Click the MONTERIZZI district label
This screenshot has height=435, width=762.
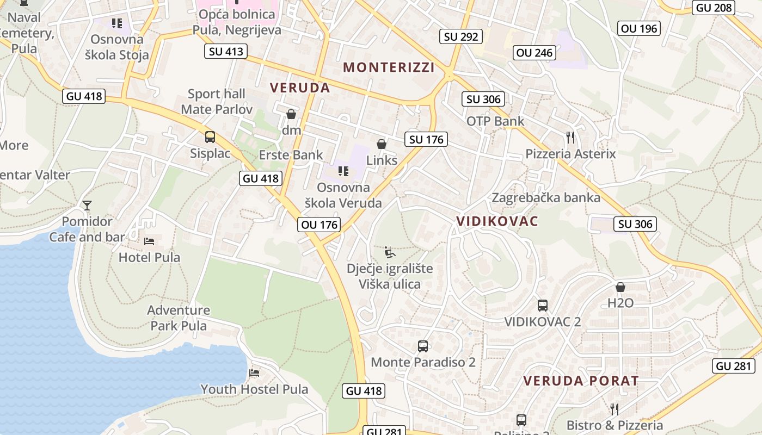(x=389, y=67)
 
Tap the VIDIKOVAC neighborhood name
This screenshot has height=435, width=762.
(x=497, y=221)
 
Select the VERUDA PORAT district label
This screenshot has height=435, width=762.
(x=581, y=381)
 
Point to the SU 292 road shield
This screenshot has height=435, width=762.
(x=461, y=36)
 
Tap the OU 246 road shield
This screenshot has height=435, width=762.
(x=534, y=53)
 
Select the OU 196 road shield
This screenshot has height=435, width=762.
(x=639, y=28)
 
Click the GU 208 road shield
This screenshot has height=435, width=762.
(x=714, y=8)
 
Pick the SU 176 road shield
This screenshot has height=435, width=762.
(x=426, y=139)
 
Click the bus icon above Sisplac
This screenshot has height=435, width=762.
(x=210, y=137)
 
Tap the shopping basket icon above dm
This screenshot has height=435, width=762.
(x=291, y=114)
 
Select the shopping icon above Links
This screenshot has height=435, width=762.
(x=382, y=144)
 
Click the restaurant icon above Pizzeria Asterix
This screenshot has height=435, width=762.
(x=570, y=138)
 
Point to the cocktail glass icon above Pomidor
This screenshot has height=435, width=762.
(x=87, y=205)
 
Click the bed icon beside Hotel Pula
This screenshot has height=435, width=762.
(x=149, y=241)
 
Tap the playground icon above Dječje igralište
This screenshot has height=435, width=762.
(x=390, y=252)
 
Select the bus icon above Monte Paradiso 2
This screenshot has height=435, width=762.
(x=423, y=346)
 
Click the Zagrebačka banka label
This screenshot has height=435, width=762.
(x=546, y=197)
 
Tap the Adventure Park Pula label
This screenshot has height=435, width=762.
(x=179, y=318)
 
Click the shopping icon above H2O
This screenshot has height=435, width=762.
(x=620, y=287)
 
